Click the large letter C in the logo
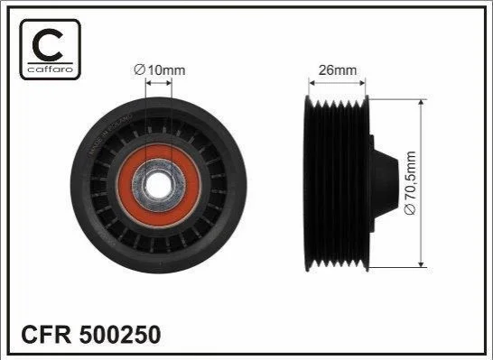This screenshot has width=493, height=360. (x=47, y=44)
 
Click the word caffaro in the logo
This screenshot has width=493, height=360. (x=51, y=69)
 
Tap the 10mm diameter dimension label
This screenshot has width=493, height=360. (x=160, y=69)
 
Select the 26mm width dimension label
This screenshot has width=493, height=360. (x=338, y=70)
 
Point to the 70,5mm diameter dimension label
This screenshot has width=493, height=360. (x=411, y=183)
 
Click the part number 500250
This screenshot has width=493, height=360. (x=120, y=334)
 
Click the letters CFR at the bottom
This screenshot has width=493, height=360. (x=46, y=334)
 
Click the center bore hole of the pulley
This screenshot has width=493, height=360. (x=159, y=184)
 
